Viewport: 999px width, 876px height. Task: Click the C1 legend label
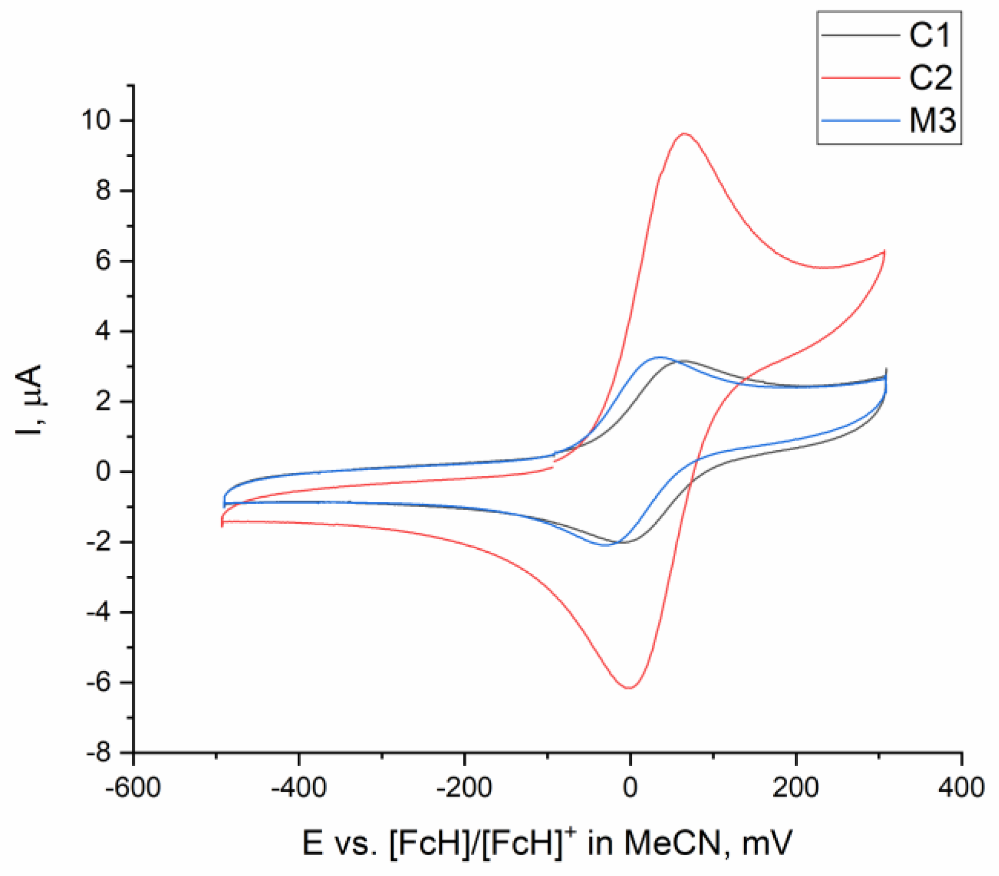pyautogui.click(x=930, y=36)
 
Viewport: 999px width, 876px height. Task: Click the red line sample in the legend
pyautogui.click(x=860, y=78)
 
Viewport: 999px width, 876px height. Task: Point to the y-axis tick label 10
pyautogui.click(x=96, y=120)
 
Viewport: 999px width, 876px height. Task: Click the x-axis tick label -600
pyautogui.click(x=133, y=787)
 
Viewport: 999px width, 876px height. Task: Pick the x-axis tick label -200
pyautogui.click(x=464, y=787)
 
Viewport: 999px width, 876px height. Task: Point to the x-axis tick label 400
pyautogui.click(x=961, y=787)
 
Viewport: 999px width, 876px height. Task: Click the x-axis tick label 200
pyautogui.click(x=796, y=787)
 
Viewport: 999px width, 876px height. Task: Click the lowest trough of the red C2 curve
pyautogui.click(x=629, y=688)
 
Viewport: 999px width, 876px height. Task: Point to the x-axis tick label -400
pyautogui.click(x=299, y=787)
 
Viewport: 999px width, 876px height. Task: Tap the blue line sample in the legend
pyautogui.click(x=860, y=121)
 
